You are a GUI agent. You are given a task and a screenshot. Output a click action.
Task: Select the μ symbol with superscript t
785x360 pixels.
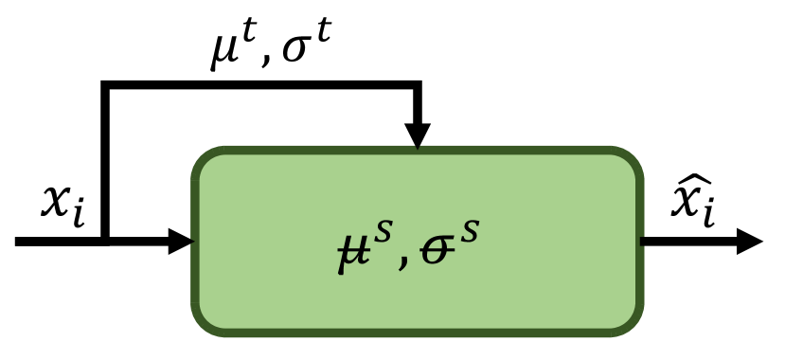pos(224,54)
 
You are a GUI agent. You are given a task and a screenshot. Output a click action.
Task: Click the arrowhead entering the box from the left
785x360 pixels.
pos(180,241)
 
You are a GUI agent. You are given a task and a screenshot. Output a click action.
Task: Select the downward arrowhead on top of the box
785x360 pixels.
pos(417,135)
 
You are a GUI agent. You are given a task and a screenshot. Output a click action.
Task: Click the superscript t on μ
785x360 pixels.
pos(248,38)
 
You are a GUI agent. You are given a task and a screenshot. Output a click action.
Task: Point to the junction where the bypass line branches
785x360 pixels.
pos(105,241)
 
